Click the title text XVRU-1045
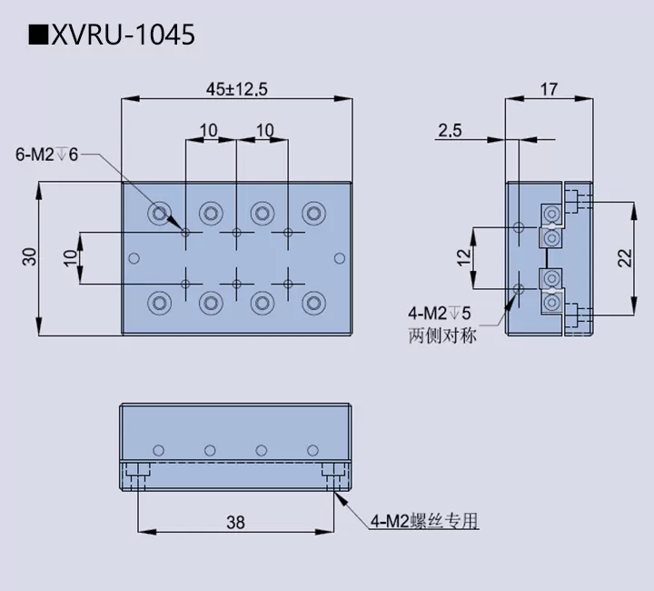coord(122,35)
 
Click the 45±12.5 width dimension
coord(235,88)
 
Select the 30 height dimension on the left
coord(29,258)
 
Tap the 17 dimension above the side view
coord(548,88)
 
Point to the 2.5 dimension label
coord(449,131)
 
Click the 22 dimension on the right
coord(624,258)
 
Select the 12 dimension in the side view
coord(465,258)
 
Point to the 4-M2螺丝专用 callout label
coord(423,521)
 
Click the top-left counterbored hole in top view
coord(160,214)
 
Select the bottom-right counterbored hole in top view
coord(313,301)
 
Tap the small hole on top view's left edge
coord(134,258)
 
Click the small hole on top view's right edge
coord(339,258)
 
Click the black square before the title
coord(37,35)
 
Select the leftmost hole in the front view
coord(159,449)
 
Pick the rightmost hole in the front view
coord(312,449)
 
